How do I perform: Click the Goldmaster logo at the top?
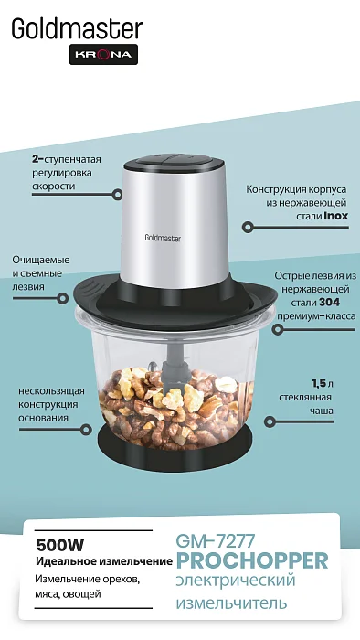77,28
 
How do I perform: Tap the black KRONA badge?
103,54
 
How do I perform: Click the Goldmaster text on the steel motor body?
163,238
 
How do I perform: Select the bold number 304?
329,303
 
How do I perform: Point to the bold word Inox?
336,216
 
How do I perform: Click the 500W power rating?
60,545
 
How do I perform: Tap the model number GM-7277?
216,541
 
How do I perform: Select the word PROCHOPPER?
252,560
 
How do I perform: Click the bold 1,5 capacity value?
320,384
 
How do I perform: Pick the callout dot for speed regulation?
117,194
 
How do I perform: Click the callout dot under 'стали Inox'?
247,228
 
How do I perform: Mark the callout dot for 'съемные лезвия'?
62,298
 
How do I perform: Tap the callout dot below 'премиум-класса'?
277,329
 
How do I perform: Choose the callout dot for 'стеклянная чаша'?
269,422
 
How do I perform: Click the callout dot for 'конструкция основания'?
86,430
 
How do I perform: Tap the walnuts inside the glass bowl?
175,408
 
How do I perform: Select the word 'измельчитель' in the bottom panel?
231,603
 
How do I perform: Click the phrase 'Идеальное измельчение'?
104,562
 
